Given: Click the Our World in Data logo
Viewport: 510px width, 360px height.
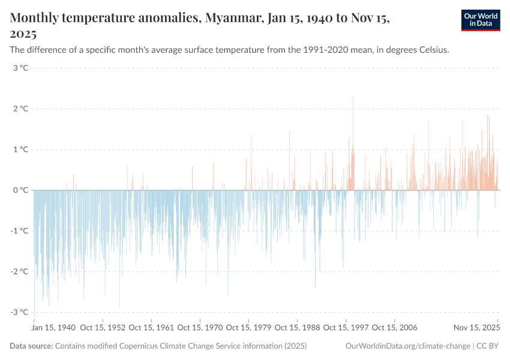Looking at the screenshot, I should (480, 20).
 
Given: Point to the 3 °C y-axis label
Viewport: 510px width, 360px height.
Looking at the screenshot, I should (21, 68).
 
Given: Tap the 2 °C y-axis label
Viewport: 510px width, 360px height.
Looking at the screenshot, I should (21, 109).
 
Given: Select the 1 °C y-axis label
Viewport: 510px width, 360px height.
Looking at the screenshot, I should (21, 149).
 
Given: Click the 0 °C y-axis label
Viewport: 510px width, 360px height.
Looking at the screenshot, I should (21, 190).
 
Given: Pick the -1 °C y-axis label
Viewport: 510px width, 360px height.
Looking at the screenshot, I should (20, 231).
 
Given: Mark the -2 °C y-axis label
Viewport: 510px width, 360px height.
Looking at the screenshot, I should (20, 271).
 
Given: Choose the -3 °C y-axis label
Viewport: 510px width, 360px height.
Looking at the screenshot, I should (20, 312).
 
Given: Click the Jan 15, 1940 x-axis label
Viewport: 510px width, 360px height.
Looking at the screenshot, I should (54, 328).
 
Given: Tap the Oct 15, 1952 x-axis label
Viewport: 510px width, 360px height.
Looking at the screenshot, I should (103, 328).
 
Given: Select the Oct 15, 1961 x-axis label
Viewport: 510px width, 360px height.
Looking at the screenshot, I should (152, 328).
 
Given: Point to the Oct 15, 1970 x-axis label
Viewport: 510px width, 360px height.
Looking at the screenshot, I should (200, 328).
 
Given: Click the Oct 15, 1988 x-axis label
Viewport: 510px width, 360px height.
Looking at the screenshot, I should (298, 328).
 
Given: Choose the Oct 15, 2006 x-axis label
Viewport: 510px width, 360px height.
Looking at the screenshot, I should (395, 328).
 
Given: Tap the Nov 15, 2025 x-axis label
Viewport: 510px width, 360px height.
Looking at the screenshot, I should (477, 328).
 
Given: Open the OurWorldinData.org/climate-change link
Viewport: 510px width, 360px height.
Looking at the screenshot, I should (408, 346).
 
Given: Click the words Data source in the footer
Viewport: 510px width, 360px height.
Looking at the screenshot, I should (31, 346).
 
